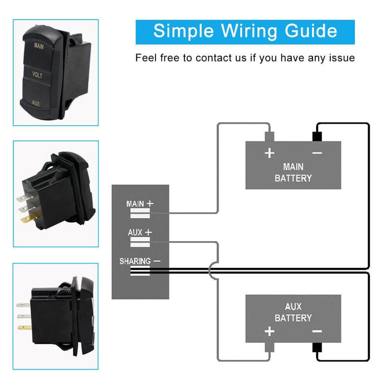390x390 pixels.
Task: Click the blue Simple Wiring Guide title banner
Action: (x=245, y=31)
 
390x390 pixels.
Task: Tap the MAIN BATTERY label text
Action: (x=293, y=173)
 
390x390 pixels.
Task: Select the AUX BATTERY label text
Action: (x=293, y=312)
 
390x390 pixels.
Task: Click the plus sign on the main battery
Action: (x=270, y=153)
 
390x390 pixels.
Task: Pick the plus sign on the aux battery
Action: (x=270, y=331)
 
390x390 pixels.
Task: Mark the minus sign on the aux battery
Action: (x=317, y=331)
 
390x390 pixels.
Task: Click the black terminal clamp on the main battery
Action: (x=317, y=135)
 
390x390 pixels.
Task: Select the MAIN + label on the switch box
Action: (x=140, y=204)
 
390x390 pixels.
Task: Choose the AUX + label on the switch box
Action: (x=140, y=232)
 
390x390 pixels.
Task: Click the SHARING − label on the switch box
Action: (x=140, y=261)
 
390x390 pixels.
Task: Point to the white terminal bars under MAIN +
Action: (x=140, y=214)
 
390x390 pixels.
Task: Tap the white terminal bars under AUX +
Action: (x=140, y=242)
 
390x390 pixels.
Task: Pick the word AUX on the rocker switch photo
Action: (x=36, y=104)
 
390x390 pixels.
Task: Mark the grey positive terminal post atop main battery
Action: (x=270, y=135)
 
